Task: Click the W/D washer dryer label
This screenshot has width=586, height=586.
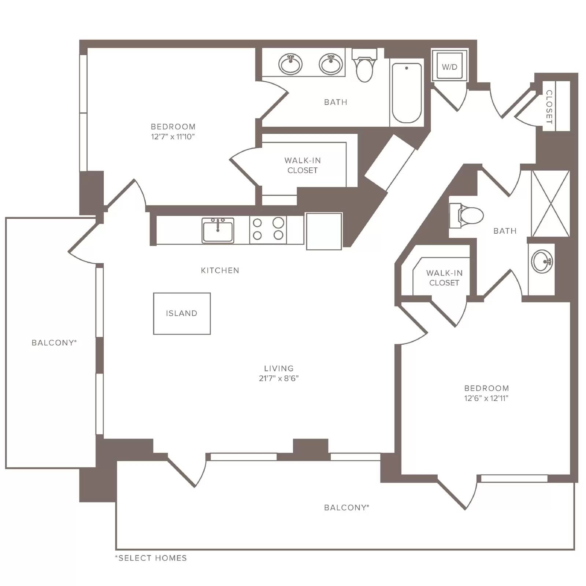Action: [449, 67]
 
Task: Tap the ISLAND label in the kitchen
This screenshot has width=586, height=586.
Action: [182, 313]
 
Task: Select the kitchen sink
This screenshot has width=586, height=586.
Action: [218, 230]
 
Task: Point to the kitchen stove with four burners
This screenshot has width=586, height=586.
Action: [268, 230]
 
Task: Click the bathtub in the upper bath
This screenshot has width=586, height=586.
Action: [407, 93]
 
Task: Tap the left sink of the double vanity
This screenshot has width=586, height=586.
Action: [290, 64]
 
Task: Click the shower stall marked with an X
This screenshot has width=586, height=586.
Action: [550, 203]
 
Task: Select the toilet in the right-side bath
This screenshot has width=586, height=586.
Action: [467, 215]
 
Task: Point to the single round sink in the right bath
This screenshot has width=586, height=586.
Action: [542, 262]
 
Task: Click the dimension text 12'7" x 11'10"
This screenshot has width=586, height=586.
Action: [173, 137]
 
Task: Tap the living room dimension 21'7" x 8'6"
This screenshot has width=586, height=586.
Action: [279, 378]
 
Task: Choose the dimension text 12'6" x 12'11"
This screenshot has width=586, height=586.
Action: [486, 398]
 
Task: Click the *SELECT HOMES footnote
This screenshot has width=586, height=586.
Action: [151, 558]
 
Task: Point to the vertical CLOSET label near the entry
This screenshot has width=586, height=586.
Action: [549, 107]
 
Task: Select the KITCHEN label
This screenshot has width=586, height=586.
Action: [220, 270]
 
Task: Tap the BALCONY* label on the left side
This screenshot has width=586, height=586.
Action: [54, 342]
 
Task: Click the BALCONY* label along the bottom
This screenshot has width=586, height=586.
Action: [347, 507]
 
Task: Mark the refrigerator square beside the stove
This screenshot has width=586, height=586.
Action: [324, 231]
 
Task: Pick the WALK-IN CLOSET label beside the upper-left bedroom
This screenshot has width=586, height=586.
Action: [303, 165]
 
